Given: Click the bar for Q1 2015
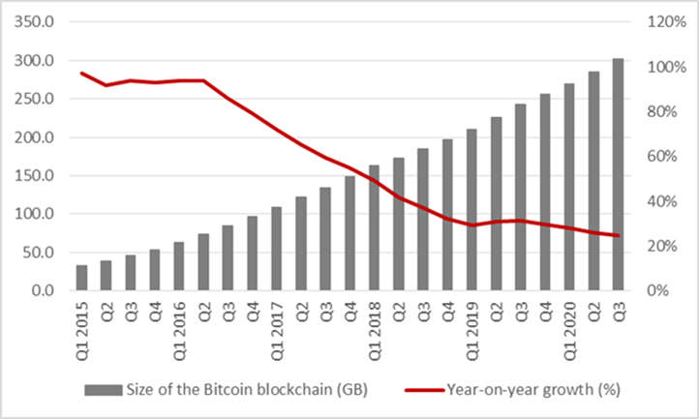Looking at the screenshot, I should (82, 278).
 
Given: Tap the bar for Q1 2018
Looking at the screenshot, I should (374, 227).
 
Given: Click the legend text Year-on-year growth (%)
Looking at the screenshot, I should (533, 390).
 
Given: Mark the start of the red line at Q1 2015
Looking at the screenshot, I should (82, 74).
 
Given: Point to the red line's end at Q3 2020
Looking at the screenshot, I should (618, 235).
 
